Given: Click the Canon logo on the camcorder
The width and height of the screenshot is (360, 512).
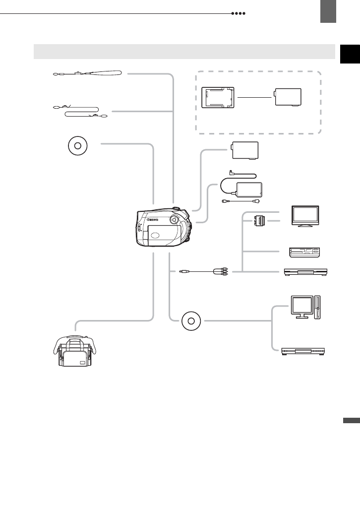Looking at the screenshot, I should pyautogui.click(x=152, y=219).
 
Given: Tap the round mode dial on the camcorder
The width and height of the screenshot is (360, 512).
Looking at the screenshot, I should pyautogui.click(x=175, y=219).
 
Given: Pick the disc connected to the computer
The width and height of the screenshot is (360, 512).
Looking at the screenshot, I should pyautogui.click(x=191, y=321).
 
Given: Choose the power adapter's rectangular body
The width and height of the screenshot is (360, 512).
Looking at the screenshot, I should pyautogui.click(x=249, y=190).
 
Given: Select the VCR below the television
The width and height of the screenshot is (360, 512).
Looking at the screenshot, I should pyautogui.click(x=304, y=252).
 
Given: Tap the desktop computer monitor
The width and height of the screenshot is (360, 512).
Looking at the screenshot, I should pyautogui.click(x=301, y=307).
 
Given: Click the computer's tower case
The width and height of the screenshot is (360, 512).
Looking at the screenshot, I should pyautogui.click(x=318, y=308).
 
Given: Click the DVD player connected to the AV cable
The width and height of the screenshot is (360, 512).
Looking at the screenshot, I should pyautogui.click(x=305, y=271).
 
